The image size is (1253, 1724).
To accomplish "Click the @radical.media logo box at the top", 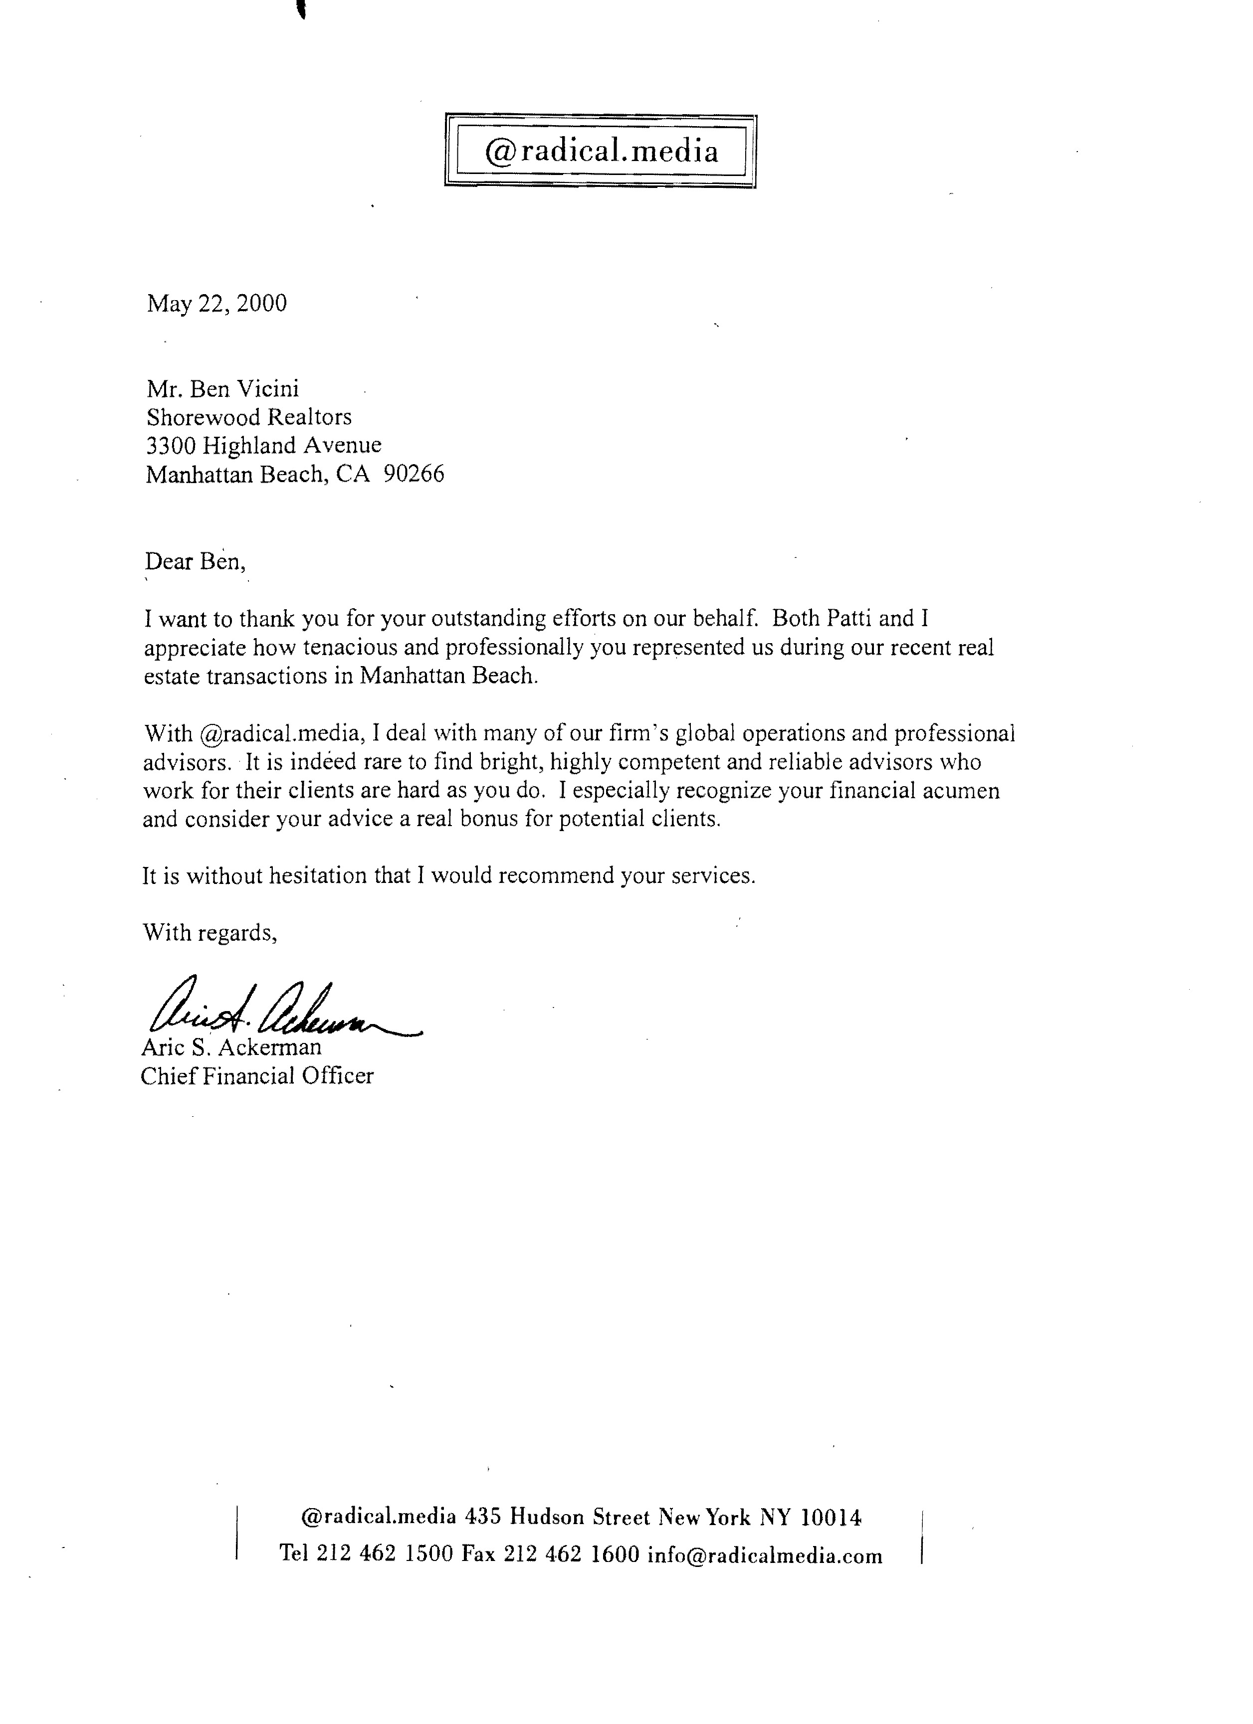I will [600, 151].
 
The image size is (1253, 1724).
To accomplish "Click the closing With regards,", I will [210, 933].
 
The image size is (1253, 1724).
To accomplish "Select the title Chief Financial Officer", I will [257, 1076].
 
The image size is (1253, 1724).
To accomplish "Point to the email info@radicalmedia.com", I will [764, 1556].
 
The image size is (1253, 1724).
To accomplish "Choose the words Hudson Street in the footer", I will [579, 1518].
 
